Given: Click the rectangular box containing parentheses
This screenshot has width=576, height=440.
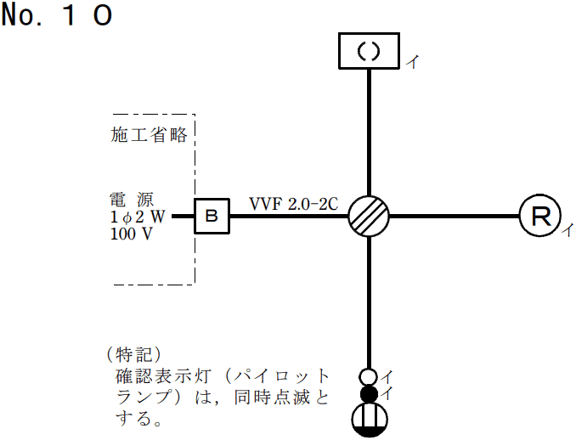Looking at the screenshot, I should pos(369,51).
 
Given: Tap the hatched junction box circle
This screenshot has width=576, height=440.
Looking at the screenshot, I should pos(369,216).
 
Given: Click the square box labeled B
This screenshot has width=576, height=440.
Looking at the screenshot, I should pos(212,217).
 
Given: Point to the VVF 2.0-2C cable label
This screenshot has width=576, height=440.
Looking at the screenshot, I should pos(294,204).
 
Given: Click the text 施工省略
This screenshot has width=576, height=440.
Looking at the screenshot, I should pos(149,135).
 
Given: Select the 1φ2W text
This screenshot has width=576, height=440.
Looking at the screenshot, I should pos(138,217).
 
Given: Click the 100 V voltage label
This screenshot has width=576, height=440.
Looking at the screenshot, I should pos(131,234).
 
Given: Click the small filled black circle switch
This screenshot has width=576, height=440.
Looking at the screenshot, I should pos(369,393).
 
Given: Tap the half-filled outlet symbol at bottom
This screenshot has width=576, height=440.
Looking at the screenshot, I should pos(369,420).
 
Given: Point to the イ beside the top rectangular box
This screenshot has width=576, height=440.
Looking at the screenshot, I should pos(412,62).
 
